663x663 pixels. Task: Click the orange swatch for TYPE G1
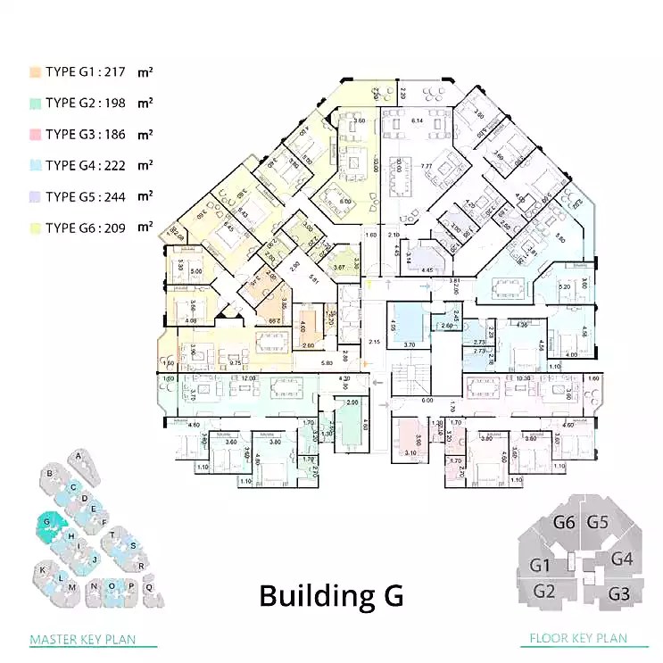[x=35, y=71]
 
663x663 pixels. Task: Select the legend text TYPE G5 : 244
[x=87, y=196]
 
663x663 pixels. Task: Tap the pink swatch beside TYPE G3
[x=35, y=134]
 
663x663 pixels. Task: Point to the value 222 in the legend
[x=115, y=165]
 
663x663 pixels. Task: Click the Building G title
[x=331, y=595]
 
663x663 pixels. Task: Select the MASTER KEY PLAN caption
[x=83, y=640]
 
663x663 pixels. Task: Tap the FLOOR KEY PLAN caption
[x=577, y=639]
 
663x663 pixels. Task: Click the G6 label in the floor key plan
[x=564, y=524]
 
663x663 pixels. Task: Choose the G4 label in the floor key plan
[x=622, y=559]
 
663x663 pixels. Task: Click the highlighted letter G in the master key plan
[x=45, y=523]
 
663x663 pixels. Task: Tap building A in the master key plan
[x=79, y=456]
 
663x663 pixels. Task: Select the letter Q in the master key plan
[x=149, y=586]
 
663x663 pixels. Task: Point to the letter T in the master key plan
[x=112, y=535]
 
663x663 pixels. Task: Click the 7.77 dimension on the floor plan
[x=426, y=165]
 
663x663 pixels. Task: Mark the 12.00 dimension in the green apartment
[x=245, y=378]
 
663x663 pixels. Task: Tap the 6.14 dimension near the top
[x=416, y=120]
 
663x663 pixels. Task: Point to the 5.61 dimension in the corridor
[x=313, y=279]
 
